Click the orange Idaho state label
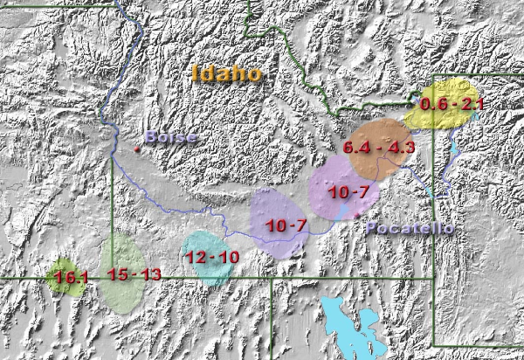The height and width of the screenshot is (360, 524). pyautogui.click(x=227, y=73)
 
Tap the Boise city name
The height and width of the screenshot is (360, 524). pyautogui.click(x=171, y=137)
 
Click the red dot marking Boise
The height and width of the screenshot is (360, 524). pyautogui.click(x=136, y=149)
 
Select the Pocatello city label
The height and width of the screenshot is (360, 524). pyautogui.click(x=409, y=228)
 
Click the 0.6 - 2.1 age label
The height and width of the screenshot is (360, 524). pyautogui.click(x=452, y=105)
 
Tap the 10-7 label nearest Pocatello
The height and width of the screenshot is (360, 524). pyautogui.click(x=348, y=191)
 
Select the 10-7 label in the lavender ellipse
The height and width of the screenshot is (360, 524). pyautogui.click(x=286, y=225)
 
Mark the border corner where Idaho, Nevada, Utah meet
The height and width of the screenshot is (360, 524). pyautogui.click(x=271, y=280)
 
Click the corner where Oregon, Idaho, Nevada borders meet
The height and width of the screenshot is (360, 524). pyautogui.click(x=111, y=279)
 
